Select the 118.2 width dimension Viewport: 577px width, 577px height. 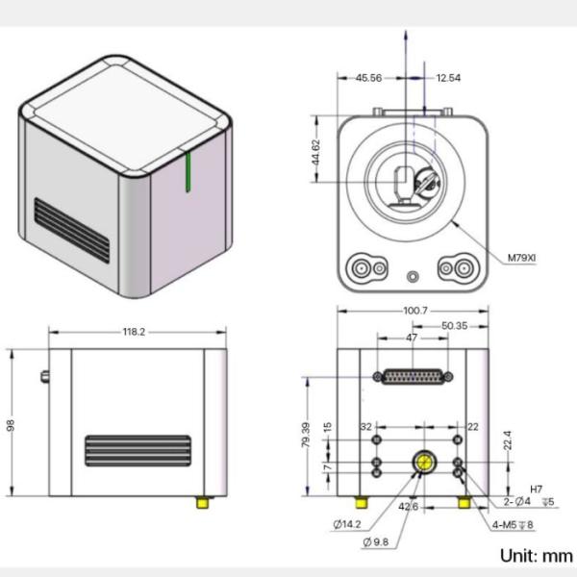(134, 332)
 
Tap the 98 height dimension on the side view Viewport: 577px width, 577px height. (11, 424)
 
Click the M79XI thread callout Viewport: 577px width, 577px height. (526, 258)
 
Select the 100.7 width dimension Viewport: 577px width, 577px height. (415, 311)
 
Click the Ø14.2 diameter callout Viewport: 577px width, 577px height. (349, 524)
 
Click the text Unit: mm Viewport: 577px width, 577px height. (536, 556)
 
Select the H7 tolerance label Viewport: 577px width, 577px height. (537, 489)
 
